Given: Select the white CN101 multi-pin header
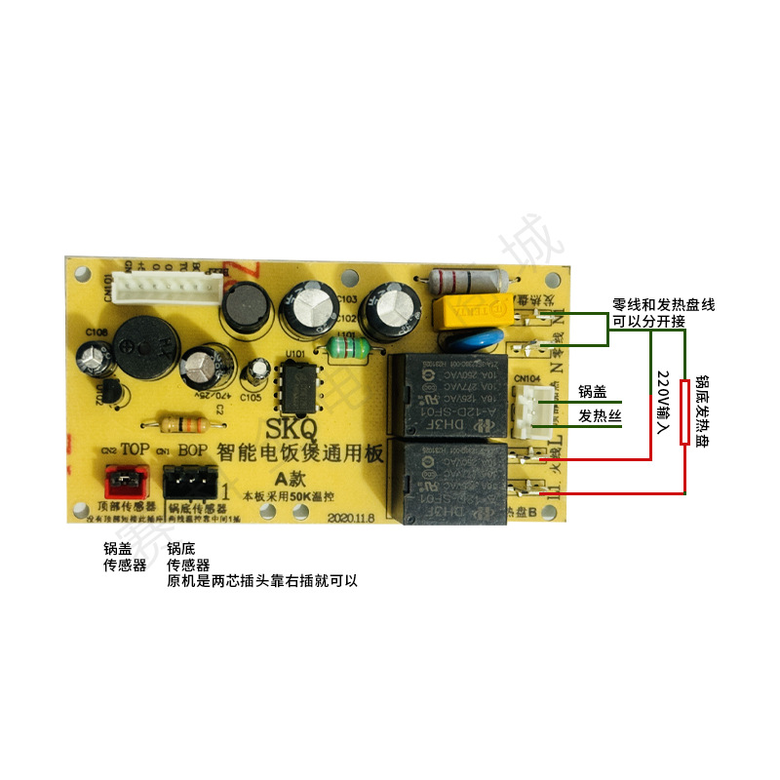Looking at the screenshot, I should (x=160, y=286).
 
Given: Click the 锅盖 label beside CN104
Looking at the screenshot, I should (x=592, y=392).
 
